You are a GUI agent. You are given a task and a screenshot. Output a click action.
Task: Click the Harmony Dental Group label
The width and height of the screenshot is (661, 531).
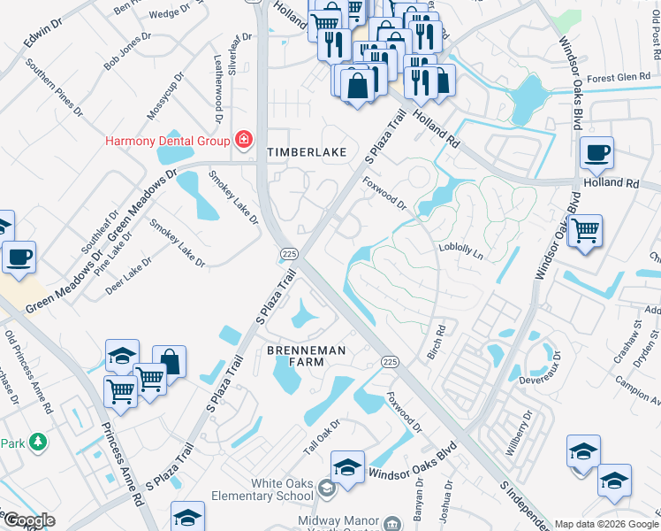coord(166,140)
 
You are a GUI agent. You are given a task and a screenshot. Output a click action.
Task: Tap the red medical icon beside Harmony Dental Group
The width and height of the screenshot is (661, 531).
coord(241,140)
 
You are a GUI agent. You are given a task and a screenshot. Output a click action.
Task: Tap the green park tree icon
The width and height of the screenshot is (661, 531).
coord(37,442)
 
